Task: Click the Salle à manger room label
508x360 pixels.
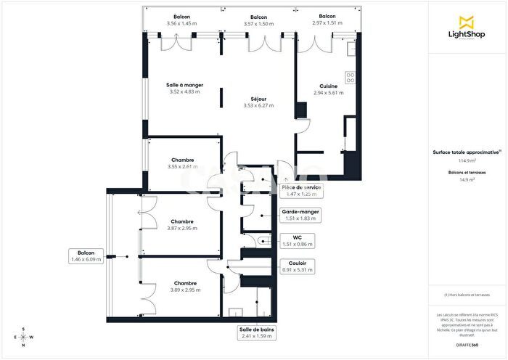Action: click(x=184, y=85)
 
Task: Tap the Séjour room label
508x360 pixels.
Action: click(x=254, y=99)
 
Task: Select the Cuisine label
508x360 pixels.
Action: click(x=328, y=86)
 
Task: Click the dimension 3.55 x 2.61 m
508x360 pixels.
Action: click(x=182, y=167)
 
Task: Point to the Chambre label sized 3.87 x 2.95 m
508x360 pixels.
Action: click(x=182, y=221)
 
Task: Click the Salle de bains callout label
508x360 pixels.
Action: click(x=257, y=330)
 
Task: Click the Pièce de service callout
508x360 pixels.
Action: click(x=300, y=187)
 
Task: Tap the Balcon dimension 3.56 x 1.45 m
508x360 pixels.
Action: click(x=182, y=24)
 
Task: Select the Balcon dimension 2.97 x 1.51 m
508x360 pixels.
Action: click(x=327, y=24)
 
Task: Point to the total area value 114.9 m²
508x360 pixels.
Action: click(x=467, y=160)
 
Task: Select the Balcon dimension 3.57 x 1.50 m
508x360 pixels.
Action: click(x=258, y=24)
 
